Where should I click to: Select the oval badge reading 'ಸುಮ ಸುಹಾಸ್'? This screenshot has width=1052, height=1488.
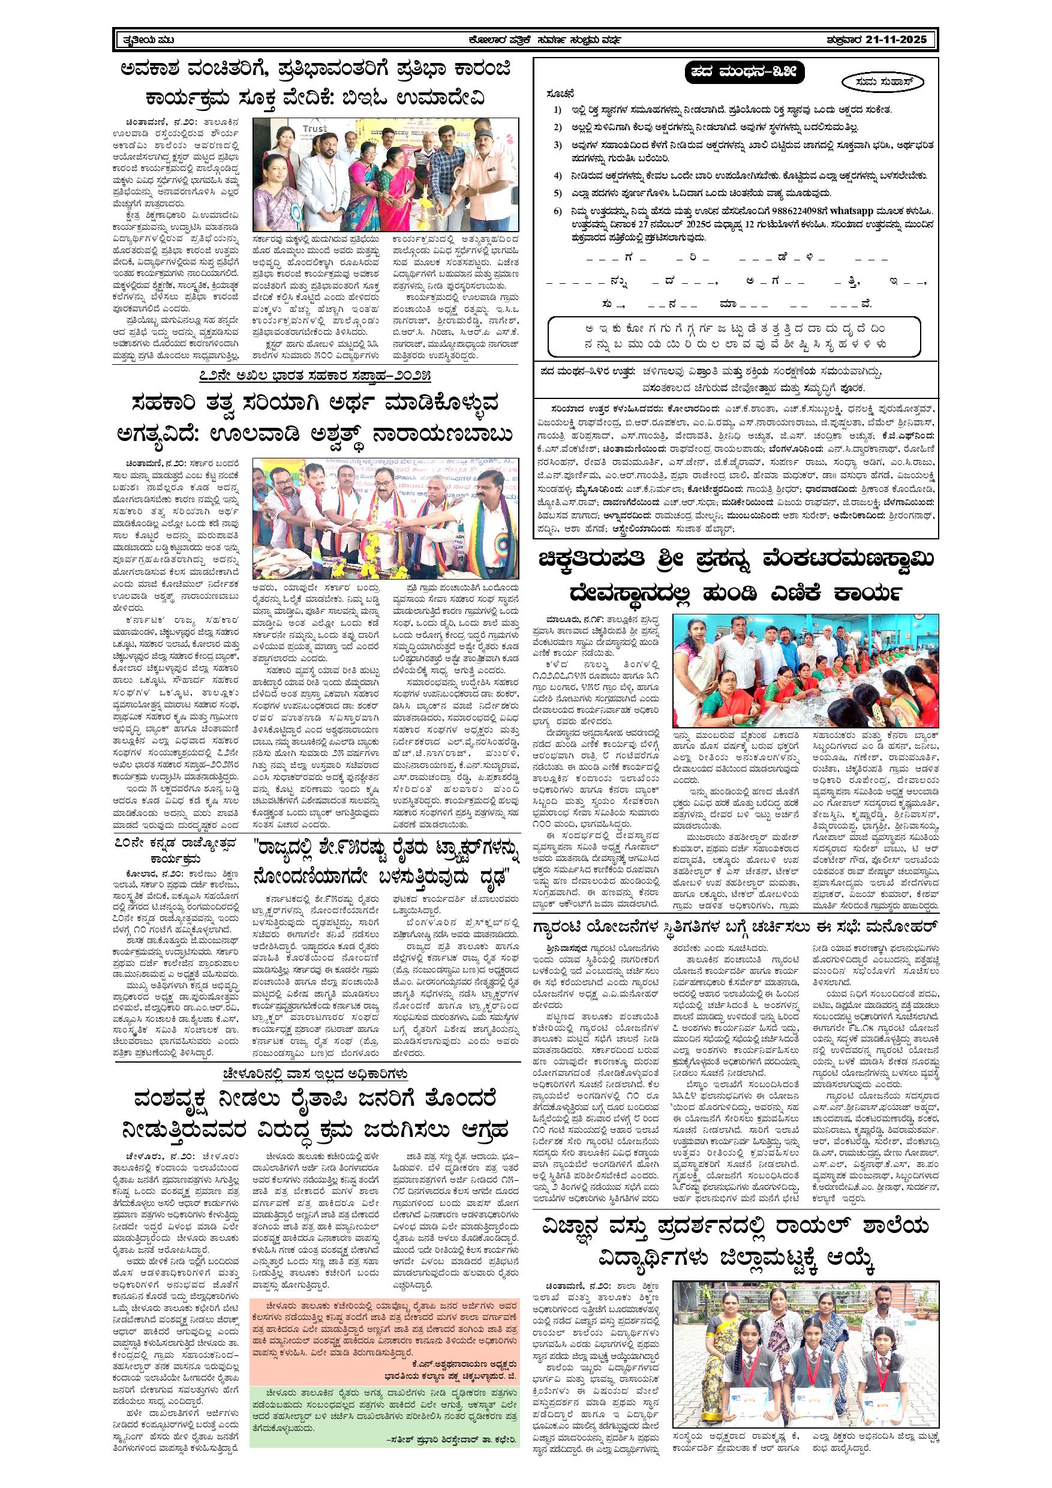[884, 82]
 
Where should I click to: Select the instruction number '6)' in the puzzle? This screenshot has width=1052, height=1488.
[558, 211]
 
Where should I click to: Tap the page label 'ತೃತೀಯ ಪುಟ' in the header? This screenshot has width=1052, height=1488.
[148, 40]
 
